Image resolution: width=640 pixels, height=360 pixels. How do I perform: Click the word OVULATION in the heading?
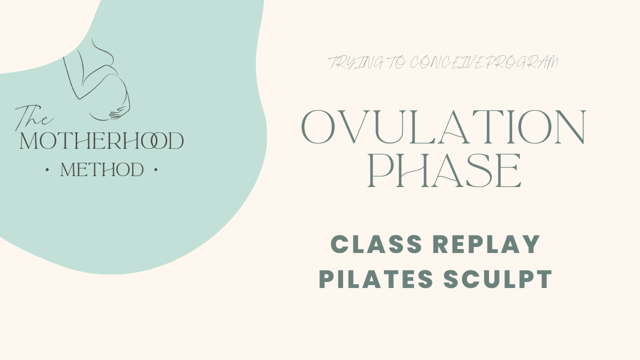click(443, 127)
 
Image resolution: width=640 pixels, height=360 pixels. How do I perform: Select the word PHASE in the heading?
click(444, 171)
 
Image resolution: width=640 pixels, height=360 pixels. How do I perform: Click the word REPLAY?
click(486, 244)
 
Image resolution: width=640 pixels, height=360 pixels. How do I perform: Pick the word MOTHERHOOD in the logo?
click(101, 141)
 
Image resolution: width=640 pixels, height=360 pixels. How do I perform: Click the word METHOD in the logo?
click(101, 170)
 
